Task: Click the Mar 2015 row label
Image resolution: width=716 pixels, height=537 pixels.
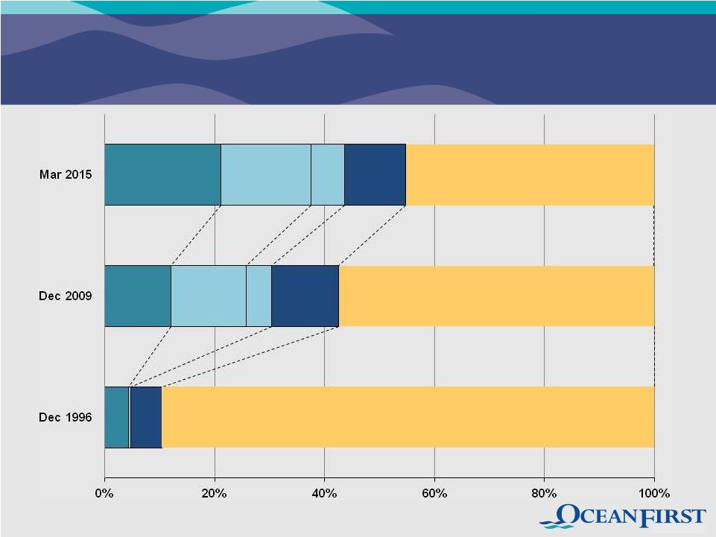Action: pyautogui.click(x=66, y=175)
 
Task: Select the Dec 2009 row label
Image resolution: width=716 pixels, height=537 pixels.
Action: pyautogui.click(x=66, y=296)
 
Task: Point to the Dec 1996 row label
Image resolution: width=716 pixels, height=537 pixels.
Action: pyautogui.click(x=66, y=417)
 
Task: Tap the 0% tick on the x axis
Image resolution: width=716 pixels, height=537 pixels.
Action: pyautogui.click(x=104, y=493)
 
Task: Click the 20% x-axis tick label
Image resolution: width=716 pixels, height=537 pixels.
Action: pyautogui.click(x=215, y=493)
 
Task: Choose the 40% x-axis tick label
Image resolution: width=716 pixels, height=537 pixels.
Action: pyautogui.click(x=324, y=493)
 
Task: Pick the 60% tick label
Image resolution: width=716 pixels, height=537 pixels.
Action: pyautogui.click(x=434, y=493)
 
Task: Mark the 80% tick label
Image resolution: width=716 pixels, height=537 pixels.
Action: pyautogui.click(x=544, y=493)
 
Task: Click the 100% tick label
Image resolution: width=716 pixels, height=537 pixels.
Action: pyautogui.click(x=653, y=493)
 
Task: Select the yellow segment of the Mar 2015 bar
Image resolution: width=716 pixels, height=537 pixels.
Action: pyautogui.click(x=530, y=175)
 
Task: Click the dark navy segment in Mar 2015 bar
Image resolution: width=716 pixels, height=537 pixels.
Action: pyautogui.click(x=375, y=175)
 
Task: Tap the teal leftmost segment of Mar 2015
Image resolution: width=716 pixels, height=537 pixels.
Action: pyautogui.click(x=162, y=175)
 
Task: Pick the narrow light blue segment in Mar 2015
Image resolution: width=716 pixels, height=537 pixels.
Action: pyautogui.click(x=328, y=175)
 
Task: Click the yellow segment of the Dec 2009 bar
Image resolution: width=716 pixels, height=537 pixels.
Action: pyautogui.click(x=496, y=296)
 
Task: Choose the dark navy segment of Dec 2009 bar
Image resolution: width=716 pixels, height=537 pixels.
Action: pyautogui.click(x=305, y=296)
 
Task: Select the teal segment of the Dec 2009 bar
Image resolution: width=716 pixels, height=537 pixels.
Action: pyautogui.click(x=138, y=296)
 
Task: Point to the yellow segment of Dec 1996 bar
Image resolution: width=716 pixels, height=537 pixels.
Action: pyautogui.click(x=408, y=417)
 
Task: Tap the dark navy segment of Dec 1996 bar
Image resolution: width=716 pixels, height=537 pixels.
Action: pyautogui.click(x=145, y=417)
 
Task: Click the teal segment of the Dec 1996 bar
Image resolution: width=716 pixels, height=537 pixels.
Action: pyautogui.click(x=117, y=417)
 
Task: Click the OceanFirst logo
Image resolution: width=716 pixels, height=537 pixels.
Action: pyautogui.click(x=622, y=517)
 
